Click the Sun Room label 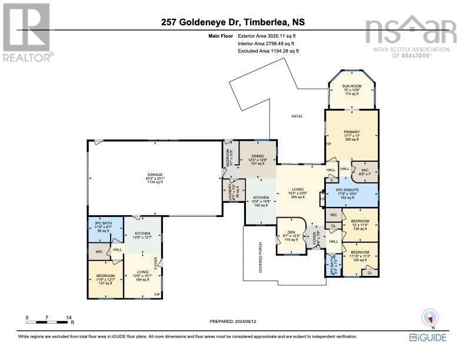(352, 89)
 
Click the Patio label (297, 116)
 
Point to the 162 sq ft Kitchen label (261, 201)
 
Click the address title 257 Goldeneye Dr (232, 23)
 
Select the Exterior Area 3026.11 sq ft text (268, 36)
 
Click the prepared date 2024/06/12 (233, 321)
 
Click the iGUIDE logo (428, 338)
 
